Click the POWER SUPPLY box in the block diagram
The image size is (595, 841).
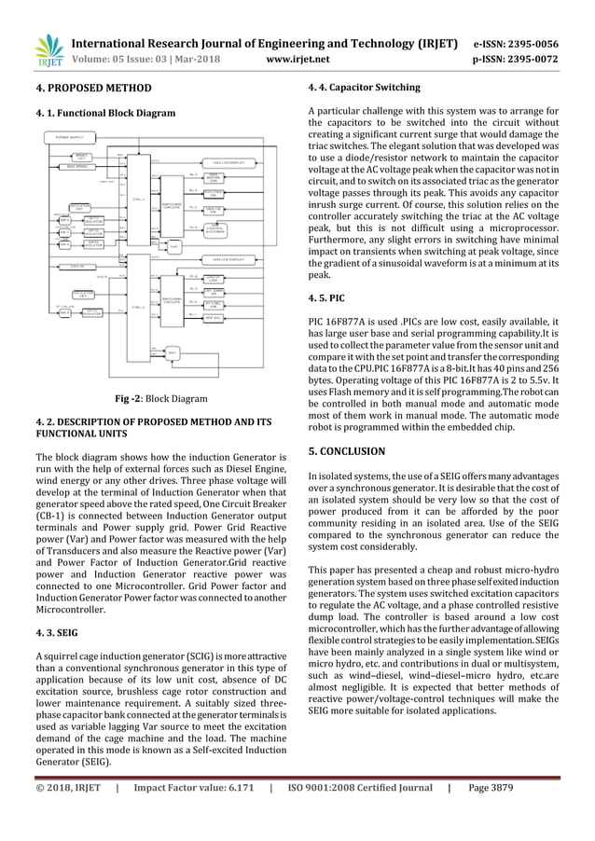coord(70,137)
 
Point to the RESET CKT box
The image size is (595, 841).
coord(81,156)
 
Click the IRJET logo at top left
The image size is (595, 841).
coord(47,50)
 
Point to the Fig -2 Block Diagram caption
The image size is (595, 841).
coord(160,398)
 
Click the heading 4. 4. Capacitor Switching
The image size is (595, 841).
coord(364,89)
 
